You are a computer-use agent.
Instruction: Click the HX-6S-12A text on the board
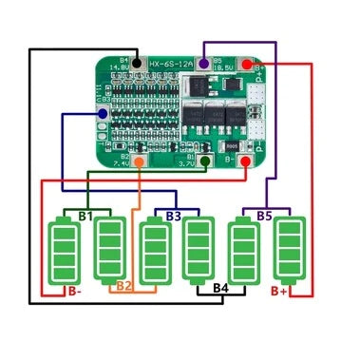(x=172, y=65)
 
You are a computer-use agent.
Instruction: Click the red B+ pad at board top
(x=248, y=64)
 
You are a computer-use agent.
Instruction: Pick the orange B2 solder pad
(x=139, y=162)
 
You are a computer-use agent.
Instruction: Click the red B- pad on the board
(x=244, y=162)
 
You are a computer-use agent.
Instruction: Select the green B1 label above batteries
(x=86, y=217)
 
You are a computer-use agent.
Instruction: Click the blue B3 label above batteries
(x=173, y=217)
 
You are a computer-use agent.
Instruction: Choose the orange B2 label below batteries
(x=124, y=285)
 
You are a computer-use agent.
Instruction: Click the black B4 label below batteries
(x=221, y=286)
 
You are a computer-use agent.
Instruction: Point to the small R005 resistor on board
(x=231, y=149)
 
